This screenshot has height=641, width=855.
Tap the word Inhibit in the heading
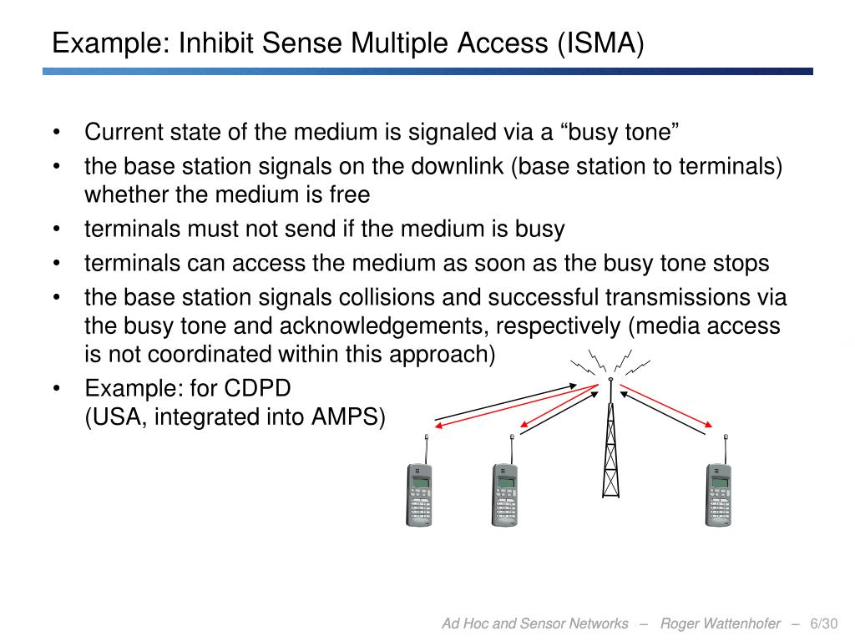[x=214, y=42]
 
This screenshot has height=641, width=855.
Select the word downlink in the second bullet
[x=458, y=166]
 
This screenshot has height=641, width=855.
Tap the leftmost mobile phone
[x=419, y=492]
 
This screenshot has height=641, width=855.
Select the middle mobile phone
[x=504, y=492]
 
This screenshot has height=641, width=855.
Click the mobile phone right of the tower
[x=718, y=492]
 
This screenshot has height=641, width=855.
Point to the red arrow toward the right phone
[x=666, y=407]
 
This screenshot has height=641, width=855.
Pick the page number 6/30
[x=824, y=624]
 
